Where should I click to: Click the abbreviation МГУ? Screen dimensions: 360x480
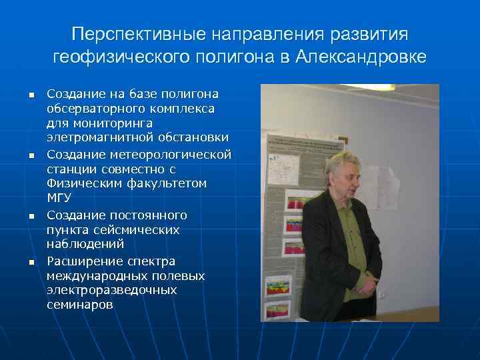point(59,198)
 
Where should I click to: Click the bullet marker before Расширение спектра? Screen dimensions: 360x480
point(30,262)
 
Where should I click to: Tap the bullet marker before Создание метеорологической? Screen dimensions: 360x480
point(30,155)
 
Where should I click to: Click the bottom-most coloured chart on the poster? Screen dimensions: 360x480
point(278,309)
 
